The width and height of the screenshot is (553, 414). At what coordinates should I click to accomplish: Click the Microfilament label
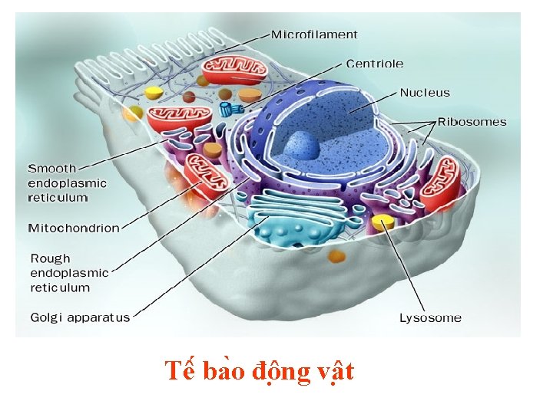pyautogui.click(x=314, y=34)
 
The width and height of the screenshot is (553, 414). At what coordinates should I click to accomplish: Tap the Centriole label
pyautogui.click(x=374, y=64)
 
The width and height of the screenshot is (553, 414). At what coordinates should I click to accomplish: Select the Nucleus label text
pyautogui.click(x=425, y=93)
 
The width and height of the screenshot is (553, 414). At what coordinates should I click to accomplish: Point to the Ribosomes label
pyautogui.click(x=472, y=121)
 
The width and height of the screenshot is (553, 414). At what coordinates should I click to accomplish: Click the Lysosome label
pyautogui.click(x=430, y=317)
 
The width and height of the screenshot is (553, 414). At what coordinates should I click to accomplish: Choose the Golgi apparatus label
pyautogui.click(x=80, y=317)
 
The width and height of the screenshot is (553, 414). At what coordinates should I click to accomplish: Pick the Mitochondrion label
pyautogui.click(x=74, y=228)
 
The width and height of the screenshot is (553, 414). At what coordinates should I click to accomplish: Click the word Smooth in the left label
pyautogui.click(x=52, y=169)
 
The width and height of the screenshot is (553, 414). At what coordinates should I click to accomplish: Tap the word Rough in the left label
pyautogui.click(x=50, y=258)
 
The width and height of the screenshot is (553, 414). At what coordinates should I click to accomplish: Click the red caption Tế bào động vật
pyautogui.click(x=260, y=372)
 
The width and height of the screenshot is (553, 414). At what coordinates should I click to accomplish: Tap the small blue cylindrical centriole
pyautogui.click(x=227, y=109)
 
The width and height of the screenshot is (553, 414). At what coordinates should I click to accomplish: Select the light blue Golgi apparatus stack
pyautogui.click(x=296, y=219)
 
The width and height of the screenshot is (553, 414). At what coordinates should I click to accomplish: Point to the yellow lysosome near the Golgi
pyautogui.click(x=382, y=223)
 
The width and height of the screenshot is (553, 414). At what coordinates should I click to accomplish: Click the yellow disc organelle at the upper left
pyautogui.click(x=154, y=93)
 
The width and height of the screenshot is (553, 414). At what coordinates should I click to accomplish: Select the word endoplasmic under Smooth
pyautogui.click(x=67, y=183)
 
